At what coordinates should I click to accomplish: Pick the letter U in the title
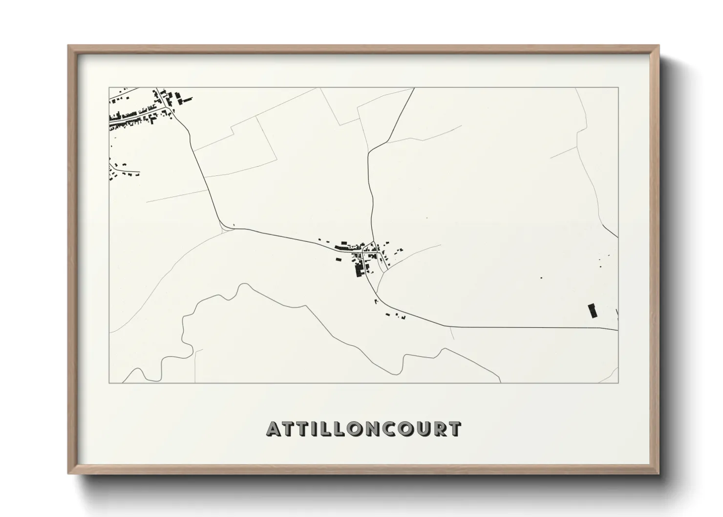pyautogui.click(x=424, y=429)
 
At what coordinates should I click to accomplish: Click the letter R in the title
pyautogui.click(x=440, y=429)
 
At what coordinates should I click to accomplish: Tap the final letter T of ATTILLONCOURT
pyautogui.click(x=454, y=429)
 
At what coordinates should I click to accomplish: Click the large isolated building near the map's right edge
pyautogui.click(x=593, y=311)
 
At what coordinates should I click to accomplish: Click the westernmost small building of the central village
pyautogui.click(x=320, y=239)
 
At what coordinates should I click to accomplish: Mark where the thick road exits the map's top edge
pyautogui.click(x=414, y=88)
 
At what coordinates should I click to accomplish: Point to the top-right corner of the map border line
pyautogui.click(x=618, y=87)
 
